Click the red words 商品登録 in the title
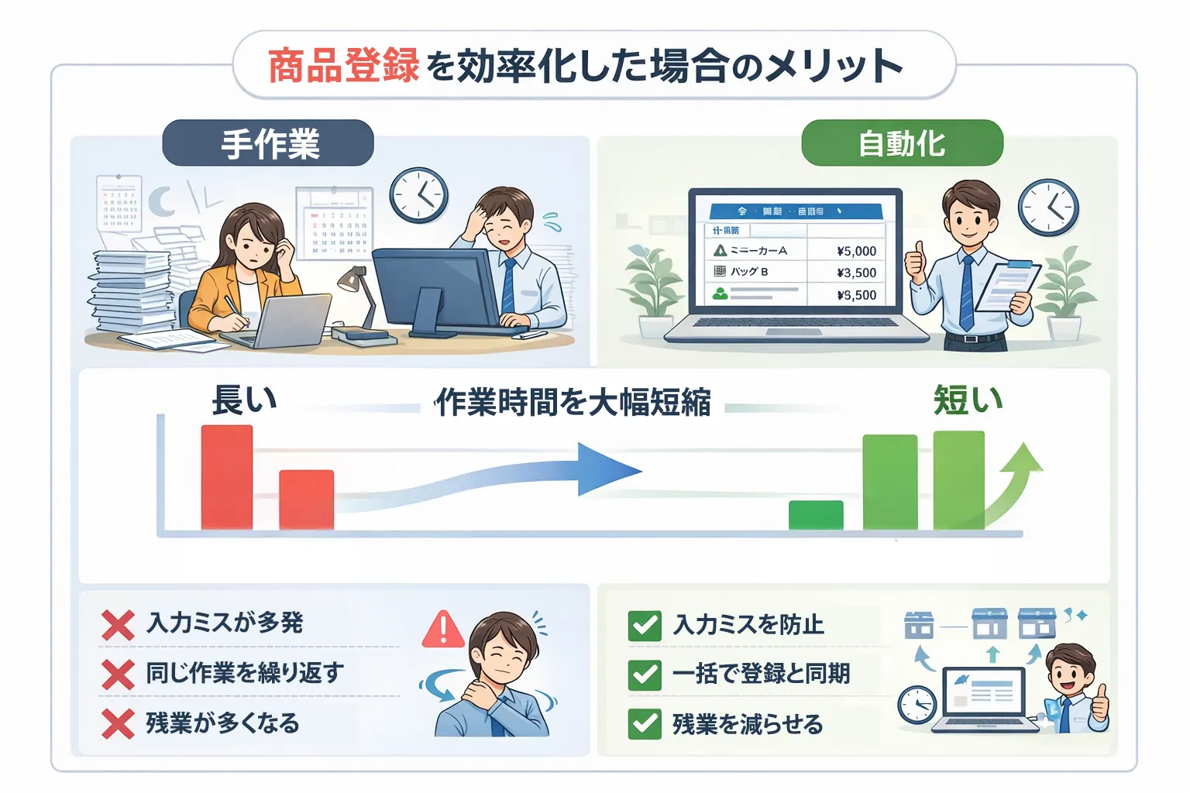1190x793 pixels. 343,66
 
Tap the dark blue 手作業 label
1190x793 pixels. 269,143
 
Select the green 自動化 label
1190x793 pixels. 902,143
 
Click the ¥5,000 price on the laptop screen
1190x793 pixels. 856,251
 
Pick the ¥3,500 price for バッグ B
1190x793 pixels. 856,273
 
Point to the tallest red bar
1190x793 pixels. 227,477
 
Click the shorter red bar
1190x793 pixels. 306,499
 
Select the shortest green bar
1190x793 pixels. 816,515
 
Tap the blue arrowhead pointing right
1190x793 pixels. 608,469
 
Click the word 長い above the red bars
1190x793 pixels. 244,400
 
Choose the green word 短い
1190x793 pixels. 968,400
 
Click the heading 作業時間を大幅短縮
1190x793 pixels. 573,403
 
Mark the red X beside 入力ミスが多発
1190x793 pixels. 118,624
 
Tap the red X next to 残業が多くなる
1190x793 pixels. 118,724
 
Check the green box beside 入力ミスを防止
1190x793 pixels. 645,625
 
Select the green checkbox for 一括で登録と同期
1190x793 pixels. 645,675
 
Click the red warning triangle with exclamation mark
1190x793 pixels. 443,630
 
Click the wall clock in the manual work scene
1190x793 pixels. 418,195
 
